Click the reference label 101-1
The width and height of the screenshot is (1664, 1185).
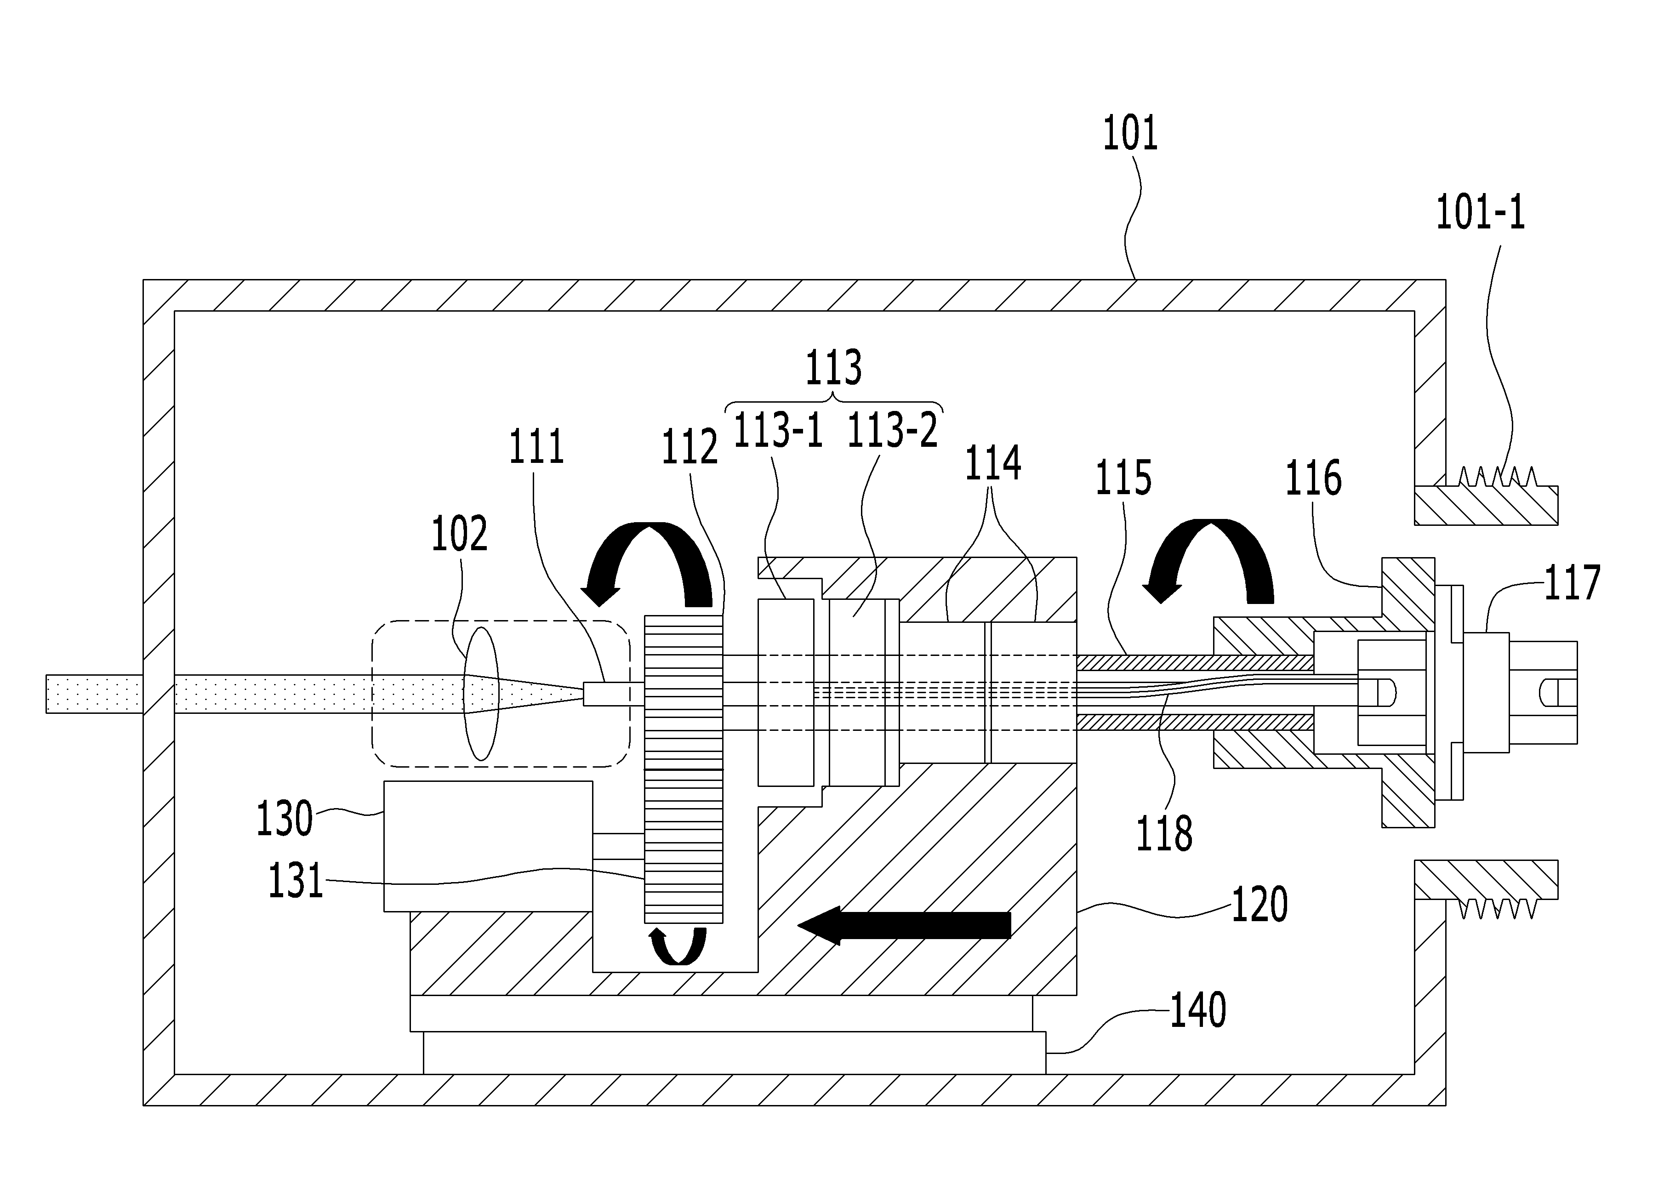(x=1480, y=214)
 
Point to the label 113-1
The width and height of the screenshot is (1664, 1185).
(x=778, y=431)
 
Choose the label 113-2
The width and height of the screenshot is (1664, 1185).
(x=892, y=431)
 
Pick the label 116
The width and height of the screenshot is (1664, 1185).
(x=1313, y=478)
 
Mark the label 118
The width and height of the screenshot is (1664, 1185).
(x=1164, y=834)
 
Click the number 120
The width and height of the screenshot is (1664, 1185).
(x=1260, y=904)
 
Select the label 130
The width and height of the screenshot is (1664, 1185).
(x=285, y=819)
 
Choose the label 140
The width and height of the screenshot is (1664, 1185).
(x=1198, y=1011)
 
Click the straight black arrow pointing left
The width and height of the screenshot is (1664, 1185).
(x=905, y=925)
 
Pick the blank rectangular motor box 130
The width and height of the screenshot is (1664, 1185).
(x=488, y=846)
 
